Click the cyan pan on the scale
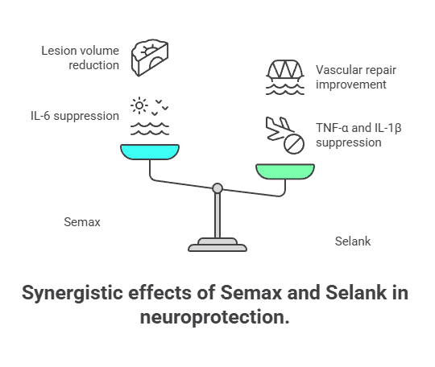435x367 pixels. [x=150, y=151]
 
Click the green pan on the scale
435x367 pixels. [x=285, y=170]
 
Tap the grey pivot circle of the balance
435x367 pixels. [x=217, y=188]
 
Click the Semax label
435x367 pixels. [x=82, y=221]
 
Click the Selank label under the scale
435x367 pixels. [x=353, y=241]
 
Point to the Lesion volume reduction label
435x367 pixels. [x=80, y=59]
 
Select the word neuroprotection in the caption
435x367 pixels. [x=213, y=316]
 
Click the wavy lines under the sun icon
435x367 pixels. [x=150, y=129]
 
